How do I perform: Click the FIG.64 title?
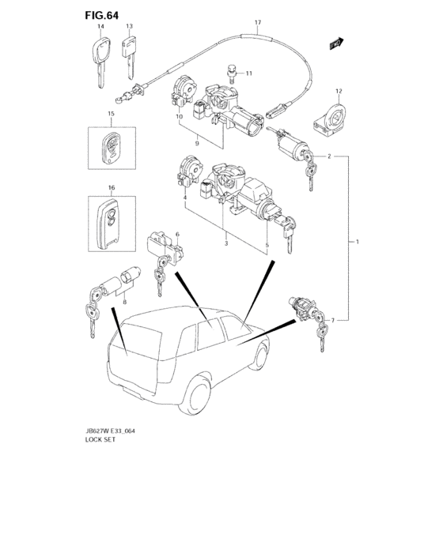[x=102, y=15]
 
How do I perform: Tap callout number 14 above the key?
[x=100, y=26]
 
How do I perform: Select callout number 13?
[x=129, y=26]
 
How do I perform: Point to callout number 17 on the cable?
[x=258, y=23]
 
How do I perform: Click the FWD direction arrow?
[x=337, y=43]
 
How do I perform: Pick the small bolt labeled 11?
[x=232, y=73]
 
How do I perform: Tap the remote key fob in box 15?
[x=112, y=148]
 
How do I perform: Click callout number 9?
[x=197, y=143]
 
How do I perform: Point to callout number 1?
[x=358, y=242]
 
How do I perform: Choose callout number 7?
[x=332, y=320]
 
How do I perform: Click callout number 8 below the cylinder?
[x=125, y=302]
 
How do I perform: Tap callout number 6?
[x=177, y=234]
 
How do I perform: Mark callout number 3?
[x=226, y=243]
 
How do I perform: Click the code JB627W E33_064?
[x=110, y=431]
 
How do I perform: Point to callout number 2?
[x=329, y=156]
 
